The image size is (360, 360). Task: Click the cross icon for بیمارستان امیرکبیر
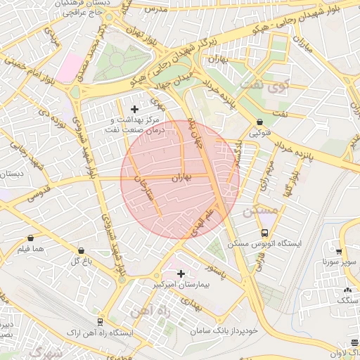(181, 274)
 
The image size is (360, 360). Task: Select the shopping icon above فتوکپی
(259, 122)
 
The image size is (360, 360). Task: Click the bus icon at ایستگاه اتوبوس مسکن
(264, 233)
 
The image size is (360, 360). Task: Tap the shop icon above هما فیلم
(30, 238)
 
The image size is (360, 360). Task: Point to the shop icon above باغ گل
(82, 250)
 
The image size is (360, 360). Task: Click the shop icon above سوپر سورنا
(340, 251)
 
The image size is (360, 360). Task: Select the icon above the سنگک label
(347, 290)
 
